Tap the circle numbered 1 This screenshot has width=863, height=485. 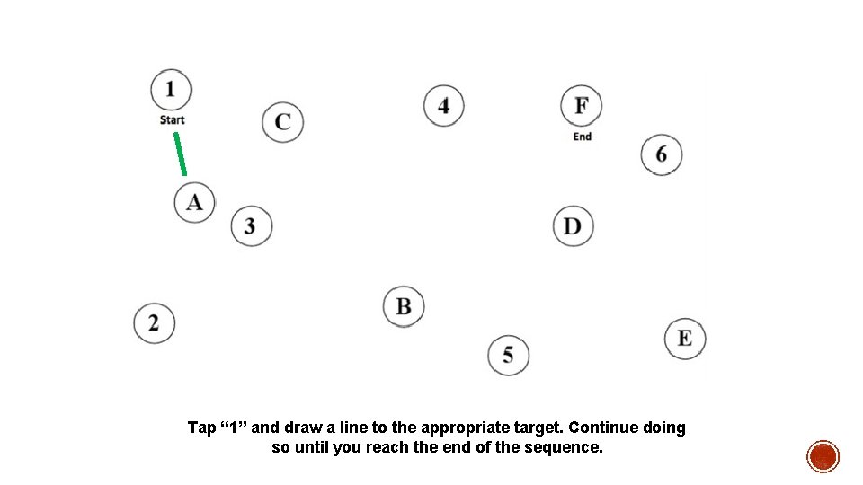point(171,89)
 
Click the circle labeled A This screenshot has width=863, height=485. point(195,202)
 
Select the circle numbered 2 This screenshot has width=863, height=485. point(155,322)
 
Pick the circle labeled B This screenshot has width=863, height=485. point(404,307)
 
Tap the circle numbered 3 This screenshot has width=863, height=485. point(251,225)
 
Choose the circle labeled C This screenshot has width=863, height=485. point(283,121)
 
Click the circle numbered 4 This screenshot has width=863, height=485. point(444,105)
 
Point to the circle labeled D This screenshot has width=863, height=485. point(573,225)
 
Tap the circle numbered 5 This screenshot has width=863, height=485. point(509,355)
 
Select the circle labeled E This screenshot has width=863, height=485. point(685,338)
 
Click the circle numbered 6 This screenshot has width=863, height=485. point(662,154)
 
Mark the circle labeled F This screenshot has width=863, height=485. point(582,105)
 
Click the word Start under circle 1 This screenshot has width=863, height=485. point(172,119)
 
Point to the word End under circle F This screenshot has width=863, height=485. point(583,137)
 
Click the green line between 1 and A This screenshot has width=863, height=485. point(180,154)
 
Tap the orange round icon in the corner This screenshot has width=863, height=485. point(823,456)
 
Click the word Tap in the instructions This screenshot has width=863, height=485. point(201,428)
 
